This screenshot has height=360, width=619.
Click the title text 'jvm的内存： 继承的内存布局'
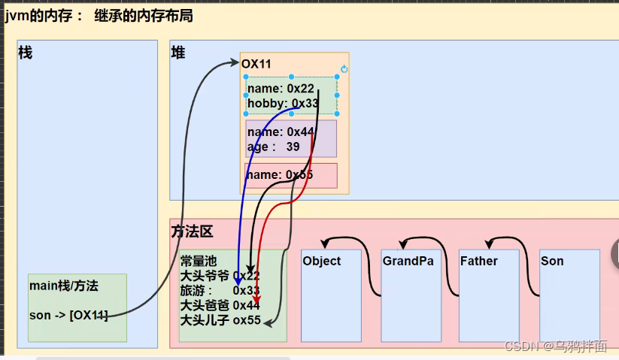coord(99,15)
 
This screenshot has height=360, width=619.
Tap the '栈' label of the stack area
coord(25,53)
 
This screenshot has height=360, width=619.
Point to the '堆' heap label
coord(178,53)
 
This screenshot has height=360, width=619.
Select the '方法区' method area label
coord(193,232)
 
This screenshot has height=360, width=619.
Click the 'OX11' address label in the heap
coord(256,64)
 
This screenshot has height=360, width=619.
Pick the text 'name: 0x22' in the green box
coord(281,89)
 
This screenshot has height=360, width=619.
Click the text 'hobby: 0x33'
coord(283,103)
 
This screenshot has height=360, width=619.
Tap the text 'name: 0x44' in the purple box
coord(281,132)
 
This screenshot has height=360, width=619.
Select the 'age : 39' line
coord(274,147)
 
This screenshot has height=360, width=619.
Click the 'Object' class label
coord(321,261)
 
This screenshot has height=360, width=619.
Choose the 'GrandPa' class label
coord(408,261)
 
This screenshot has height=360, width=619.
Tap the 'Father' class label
coord(478,261)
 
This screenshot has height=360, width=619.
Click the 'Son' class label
coord(552,261)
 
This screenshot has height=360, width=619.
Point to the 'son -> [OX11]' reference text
coord(68,315)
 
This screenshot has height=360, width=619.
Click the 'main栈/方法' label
coord(64,286)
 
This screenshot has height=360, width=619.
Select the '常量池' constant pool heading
coord(198,261)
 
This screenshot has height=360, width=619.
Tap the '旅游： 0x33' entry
coord(220,290)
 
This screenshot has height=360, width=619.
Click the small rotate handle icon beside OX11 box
coord(344,69)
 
